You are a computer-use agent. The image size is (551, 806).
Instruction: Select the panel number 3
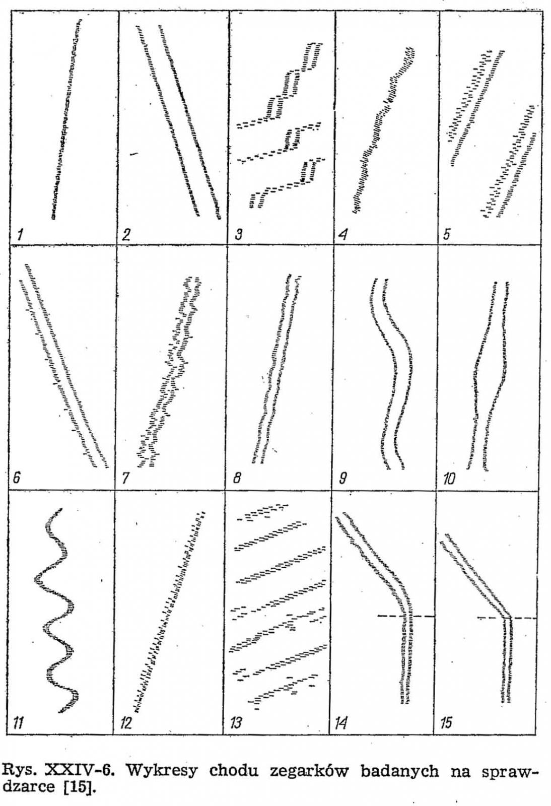[x=238, y=235]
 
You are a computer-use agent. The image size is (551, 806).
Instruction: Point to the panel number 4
[x=343, y=235]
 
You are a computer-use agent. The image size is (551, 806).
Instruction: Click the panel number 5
[x=446, y=235]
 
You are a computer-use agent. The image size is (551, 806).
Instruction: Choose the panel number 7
[x=125, y=479]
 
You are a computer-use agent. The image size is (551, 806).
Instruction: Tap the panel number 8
[x=237, y=479]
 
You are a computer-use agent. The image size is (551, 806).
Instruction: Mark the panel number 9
[x=343, y=479]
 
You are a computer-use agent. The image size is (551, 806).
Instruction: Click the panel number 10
[x=449, y=479]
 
